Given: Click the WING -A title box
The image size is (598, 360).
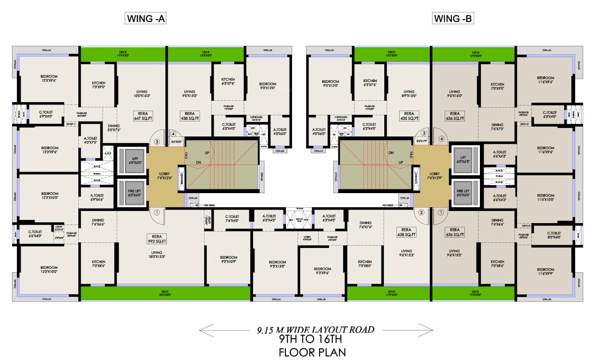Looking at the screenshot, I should (x=146, y=19).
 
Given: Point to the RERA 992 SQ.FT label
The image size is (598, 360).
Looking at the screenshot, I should (x=156, y=239).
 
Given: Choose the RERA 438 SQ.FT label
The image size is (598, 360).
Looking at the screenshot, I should (x=190, y=116).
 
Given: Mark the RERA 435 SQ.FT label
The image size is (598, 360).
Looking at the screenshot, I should (x=409, y=116).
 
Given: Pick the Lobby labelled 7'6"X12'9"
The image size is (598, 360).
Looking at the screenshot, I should (x=433, y=176).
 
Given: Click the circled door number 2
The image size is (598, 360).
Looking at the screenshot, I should (x=421, y=212).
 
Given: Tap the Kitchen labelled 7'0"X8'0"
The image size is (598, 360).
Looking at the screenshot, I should (x=365, y=264).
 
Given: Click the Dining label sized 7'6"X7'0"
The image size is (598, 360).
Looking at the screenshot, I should (x=497, y=127).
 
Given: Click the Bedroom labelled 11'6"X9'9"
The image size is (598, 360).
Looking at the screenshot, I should (x=546, y=272).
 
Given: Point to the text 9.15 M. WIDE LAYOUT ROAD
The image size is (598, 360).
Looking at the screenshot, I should (x=315, y=330).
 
